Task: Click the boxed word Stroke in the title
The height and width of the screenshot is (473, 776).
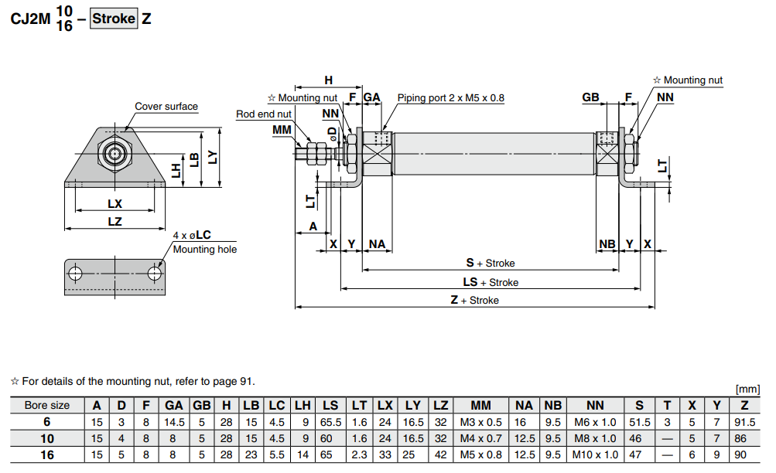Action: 114,19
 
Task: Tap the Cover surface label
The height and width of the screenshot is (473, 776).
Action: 166,107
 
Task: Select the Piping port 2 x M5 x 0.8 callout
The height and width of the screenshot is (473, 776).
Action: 450,98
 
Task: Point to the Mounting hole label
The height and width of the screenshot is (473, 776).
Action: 205,250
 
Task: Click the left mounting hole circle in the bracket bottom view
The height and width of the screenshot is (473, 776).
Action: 76,274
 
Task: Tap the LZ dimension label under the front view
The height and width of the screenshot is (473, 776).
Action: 115,222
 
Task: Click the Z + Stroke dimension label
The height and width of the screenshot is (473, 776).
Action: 474,300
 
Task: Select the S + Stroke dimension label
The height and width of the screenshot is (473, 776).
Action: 490,264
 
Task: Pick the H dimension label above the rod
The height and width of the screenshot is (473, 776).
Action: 328,80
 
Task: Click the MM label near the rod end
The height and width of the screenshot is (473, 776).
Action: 282,129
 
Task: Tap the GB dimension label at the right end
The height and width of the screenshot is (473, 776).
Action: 591,97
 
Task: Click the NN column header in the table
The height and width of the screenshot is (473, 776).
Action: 595,406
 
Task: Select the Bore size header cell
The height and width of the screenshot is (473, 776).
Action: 47,406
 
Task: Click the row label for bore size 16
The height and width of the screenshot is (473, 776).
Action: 47,454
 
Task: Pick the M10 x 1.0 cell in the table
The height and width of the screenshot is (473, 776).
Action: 595,454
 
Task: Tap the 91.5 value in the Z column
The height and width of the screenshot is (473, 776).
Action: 744,422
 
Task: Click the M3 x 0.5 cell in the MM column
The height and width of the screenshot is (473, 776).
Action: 480,422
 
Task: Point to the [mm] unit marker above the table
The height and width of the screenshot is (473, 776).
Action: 750,390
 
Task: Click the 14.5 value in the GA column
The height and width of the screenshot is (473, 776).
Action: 174,422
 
